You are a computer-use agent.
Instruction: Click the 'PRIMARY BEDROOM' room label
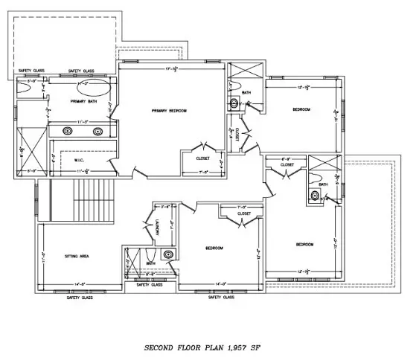tap(169, 111)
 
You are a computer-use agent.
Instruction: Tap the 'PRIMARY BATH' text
tap(83, 100)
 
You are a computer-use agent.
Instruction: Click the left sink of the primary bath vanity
tap(68, 132)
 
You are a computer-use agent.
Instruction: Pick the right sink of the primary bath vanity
tap(97, 132)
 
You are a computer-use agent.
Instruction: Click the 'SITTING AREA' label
tap(77, 256)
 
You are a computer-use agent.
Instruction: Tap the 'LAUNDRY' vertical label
tap(159, 230)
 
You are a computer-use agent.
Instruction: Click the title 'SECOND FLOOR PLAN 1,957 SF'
tap(202, 347)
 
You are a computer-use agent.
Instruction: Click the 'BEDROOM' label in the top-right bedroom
tap(301, 109)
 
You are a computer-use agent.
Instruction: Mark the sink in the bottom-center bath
tap(169, 255)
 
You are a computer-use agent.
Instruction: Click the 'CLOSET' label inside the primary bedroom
tap(203, 158)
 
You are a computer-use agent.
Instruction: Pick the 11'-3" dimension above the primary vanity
tap(83, 120)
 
